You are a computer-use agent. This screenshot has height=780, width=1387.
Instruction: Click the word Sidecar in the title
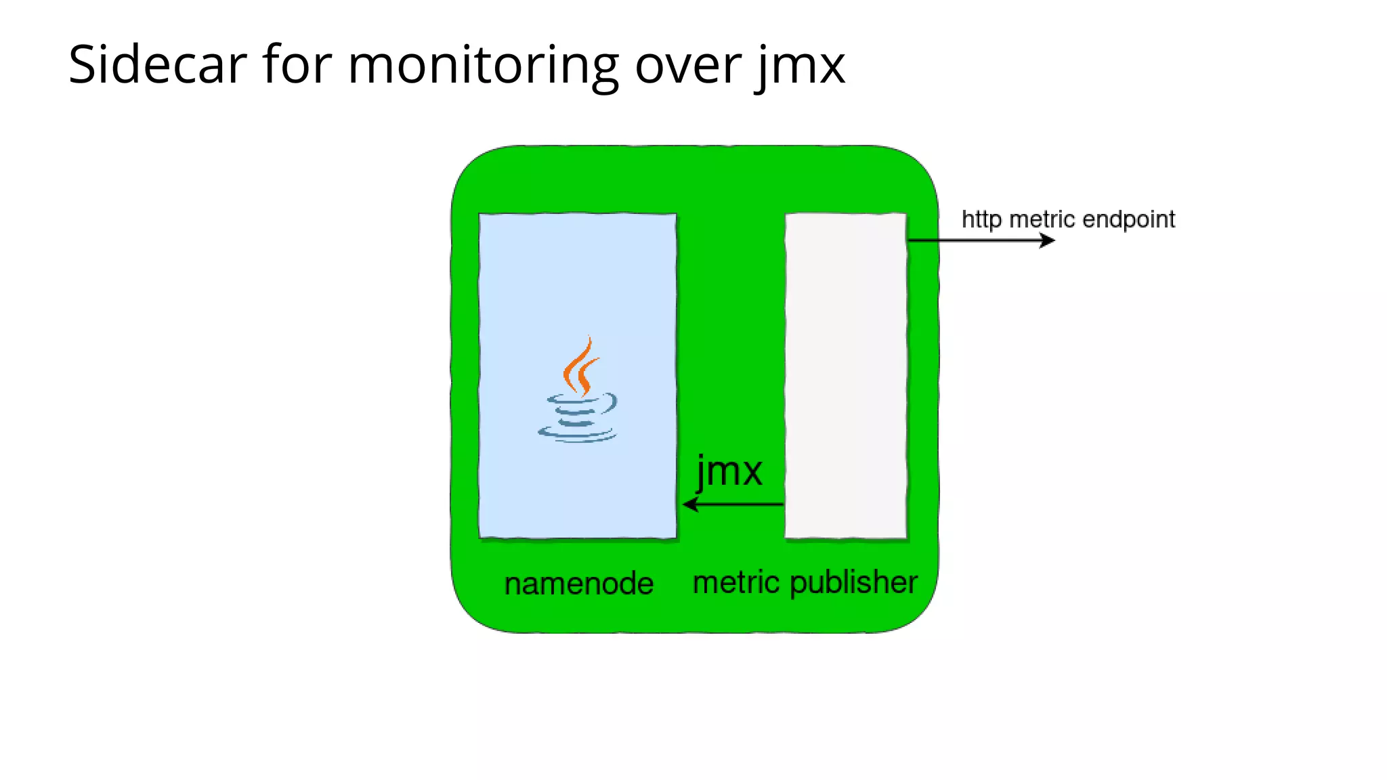(157, 64)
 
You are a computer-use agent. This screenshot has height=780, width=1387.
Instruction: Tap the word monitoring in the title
(483, 66)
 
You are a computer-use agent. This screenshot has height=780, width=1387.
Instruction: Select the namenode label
(579, 584)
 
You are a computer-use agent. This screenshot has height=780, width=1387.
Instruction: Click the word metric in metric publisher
(736, 582)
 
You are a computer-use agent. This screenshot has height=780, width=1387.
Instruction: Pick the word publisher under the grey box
(853, 582)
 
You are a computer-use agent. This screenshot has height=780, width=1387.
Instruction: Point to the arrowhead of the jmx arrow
(689, 504)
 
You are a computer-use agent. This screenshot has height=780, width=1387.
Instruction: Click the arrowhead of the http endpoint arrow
(1048, 240)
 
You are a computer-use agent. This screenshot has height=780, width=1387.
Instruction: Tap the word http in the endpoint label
(981, 220)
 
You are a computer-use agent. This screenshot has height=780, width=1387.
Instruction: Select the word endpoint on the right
(1128, 220)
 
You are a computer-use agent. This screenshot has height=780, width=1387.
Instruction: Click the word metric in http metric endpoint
(1042, 219)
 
